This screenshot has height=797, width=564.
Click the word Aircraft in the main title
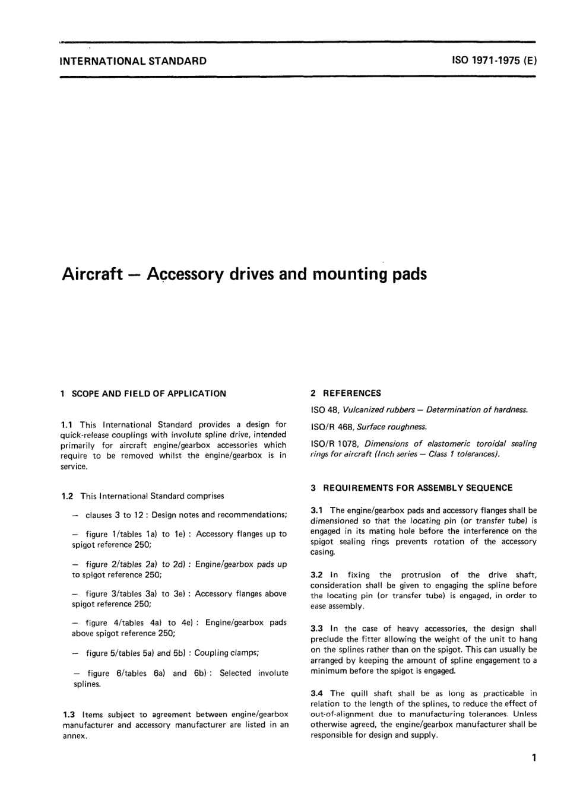[x=92, y=275]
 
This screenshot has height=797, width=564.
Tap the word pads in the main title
[x=409, y=275]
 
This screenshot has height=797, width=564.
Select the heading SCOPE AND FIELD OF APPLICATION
[x=148, y=393]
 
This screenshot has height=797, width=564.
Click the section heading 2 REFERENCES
[x=346, y=393]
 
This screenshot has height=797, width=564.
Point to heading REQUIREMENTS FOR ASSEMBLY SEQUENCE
[x=417, y=488]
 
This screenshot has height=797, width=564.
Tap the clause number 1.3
[x=68, y=715]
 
